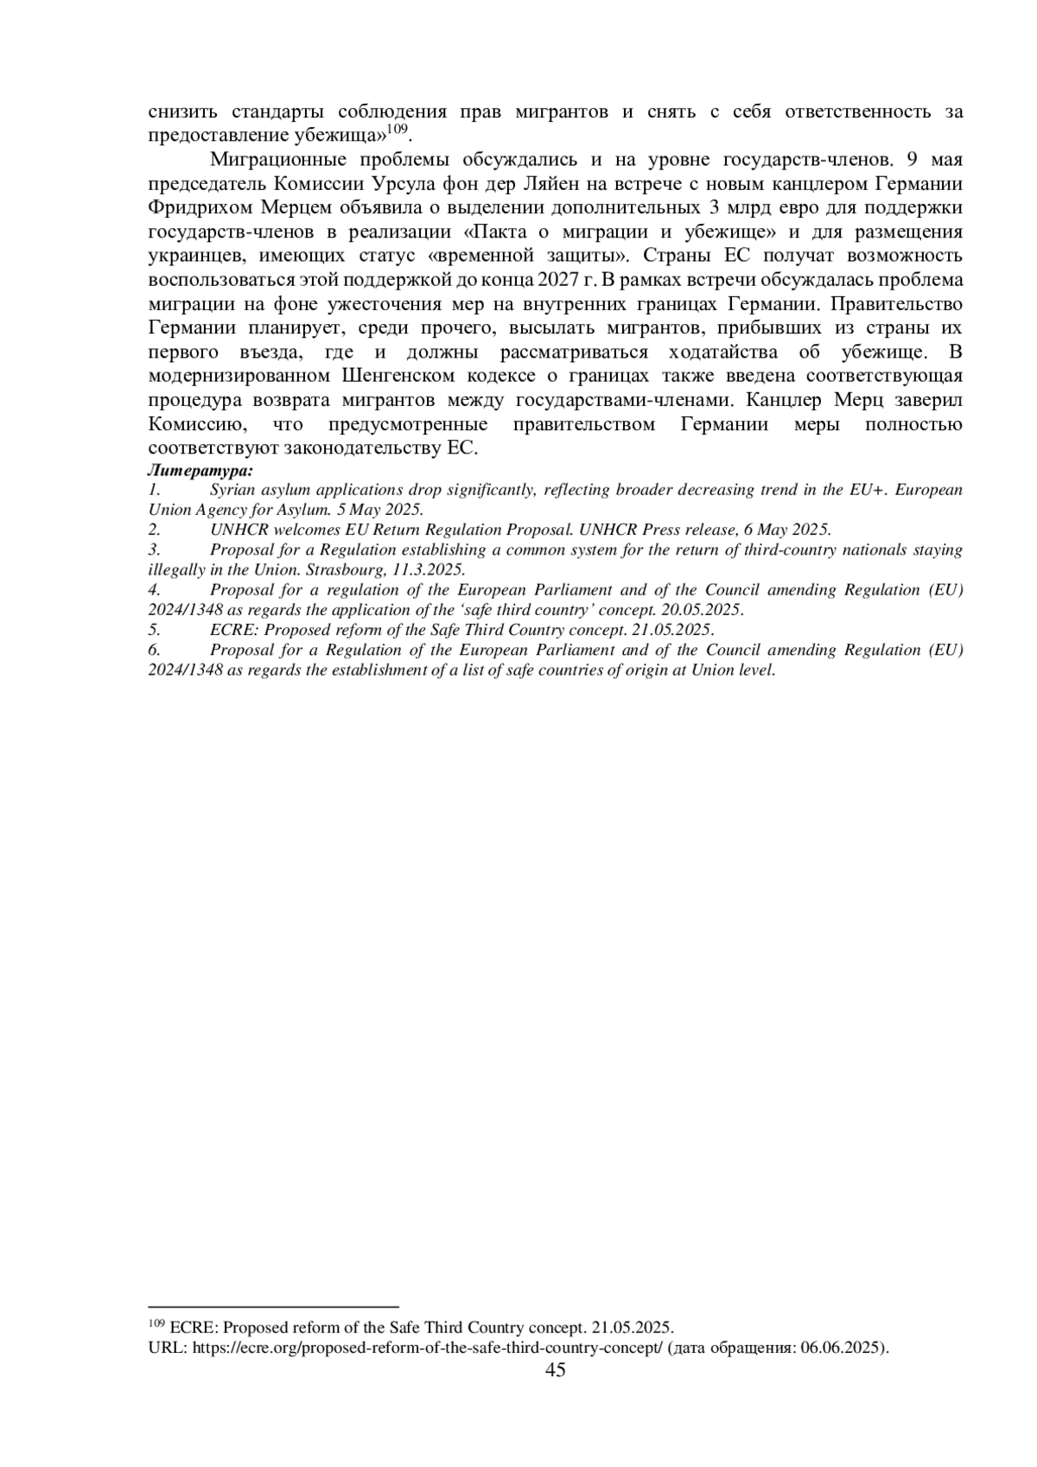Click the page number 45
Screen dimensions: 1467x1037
pos(556,1369)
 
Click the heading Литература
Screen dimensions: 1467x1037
pos(200,471)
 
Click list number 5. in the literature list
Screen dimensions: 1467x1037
pos(155,630)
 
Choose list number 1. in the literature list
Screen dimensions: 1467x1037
pos(155,490)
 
